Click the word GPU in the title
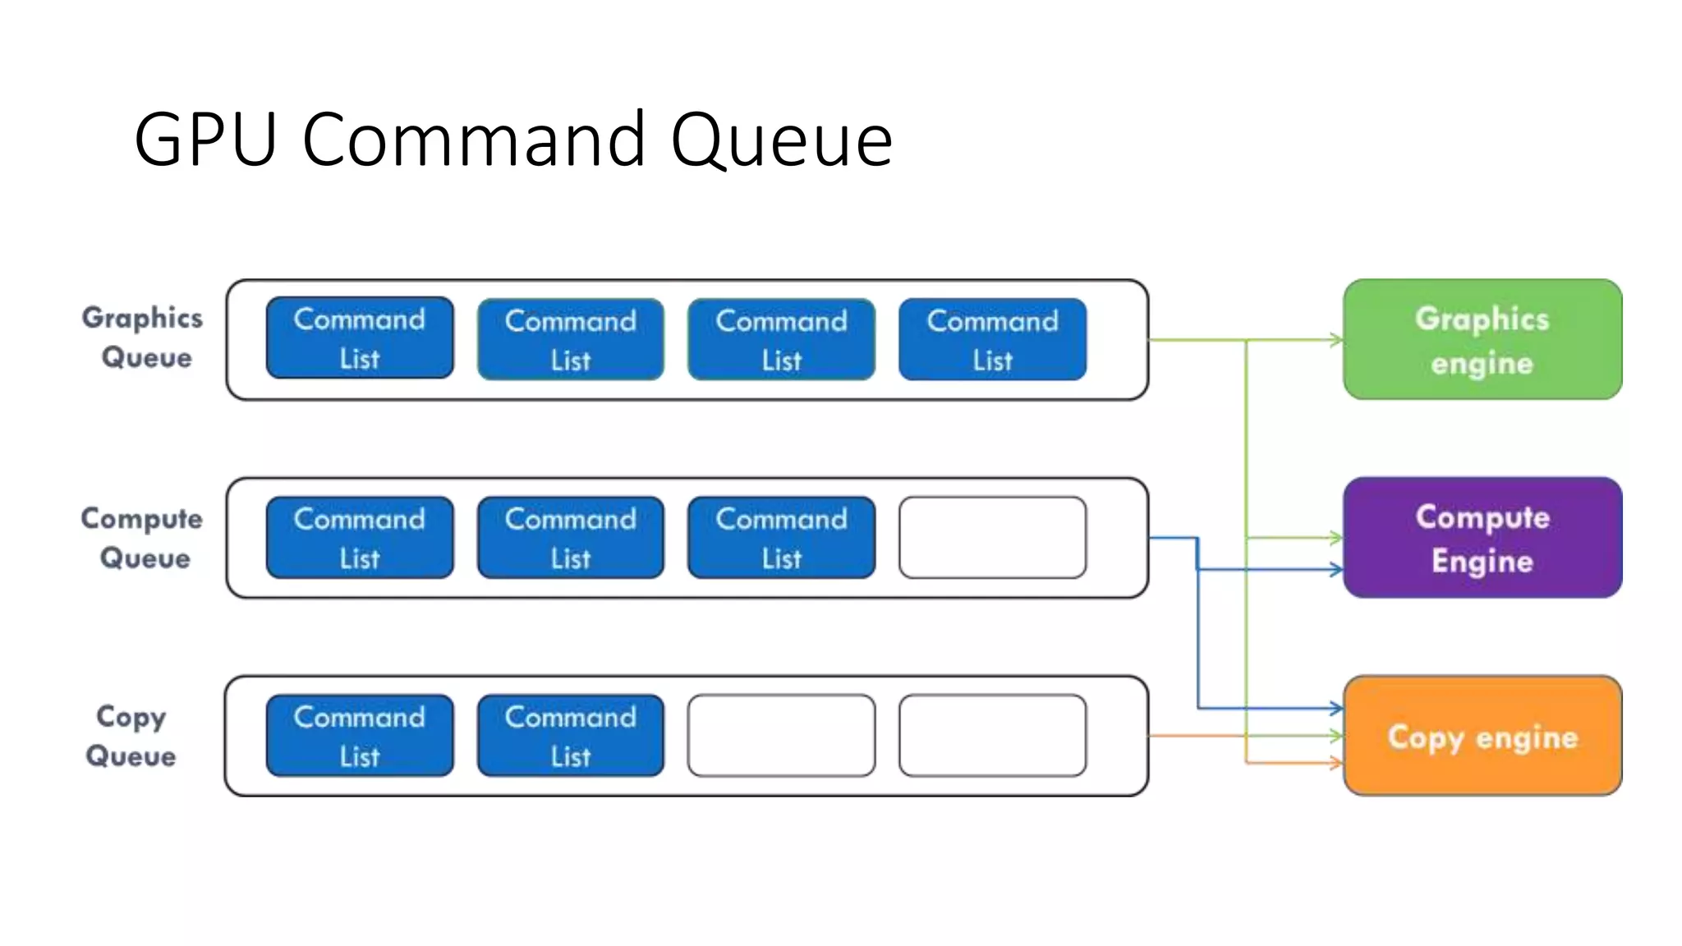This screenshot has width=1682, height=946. (205, 140)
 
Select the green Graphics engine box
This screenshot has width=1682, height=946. (1482, 339)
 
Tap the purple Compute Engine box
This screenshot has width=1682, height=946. (1482, 538)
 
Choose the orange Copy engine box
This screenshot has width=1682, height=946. (1482, 736)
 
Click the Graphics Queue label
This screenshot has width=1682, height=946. (143, 338)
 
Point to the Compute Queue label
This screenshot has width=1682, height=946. (142, 538)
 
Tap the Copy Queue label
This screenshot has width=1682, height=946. (131, 736)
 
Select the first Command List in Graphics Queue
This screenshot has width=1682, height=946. (360, 338)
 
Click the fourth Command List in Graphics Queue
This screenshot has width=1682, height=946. (992, 339)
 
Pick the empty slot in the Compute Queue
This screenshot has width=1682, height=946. (992, 538)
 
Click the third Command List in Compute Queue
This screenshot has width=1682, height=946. (781, 538)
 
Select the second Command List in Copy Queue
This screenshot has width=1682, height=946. (570, 736)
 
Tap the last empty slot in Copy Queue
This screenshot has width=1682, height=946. (992, 736)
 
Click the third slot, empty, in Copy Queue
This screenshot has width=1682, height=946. (781, 736)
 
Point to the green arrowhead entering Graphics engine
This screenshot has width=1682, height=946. (1336, 339)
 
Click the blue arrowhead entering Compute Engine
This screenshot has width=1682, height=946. (1336, 569)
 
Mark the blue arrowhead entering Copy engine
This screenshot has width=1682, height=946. (1336, 708)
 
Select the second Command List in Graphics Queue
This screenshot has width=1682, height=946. (570, 339)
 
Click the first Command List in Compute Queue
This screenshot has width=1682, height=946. (360, 538)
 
